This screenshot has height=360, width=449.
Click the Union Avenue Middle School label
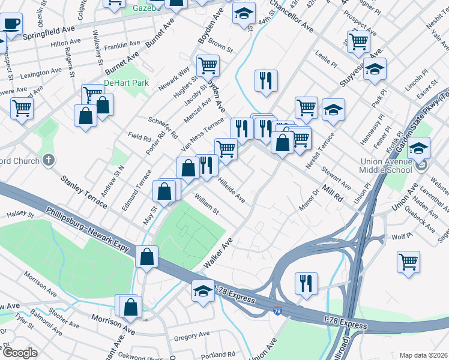(x=392, y=166)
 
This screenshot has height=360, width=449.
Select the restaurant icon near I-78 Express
(x=306, y=283)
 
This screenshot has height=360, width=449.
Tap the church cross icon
(x=48, y=160)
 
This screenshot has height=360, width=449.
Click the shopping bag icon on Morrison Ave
(x=130, y=307)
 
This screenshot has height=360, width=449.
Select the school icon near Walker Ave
(x=203, y=292)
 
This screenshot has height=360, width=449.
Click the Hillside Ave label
(x=231, y=190)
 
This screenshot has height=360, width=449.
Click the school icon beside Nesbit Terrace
(x=333, y=110)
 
